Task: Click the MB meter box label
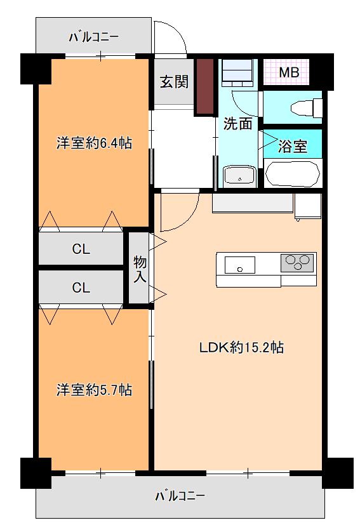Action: (x=290, y=72)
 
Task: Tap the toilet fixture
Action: (x=307, y=108)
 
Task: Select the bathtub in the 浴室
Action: (x=292, y=174)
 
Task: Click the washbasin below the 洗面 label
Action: (x=239, y=175)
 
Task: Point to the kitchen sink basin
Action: (x=240, y=265)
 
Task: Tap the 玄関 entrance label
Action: (x=174, y=82)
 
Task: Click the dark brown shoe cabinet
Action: (x=205, y=86)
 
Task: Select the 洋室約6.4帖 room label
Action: (x=94, y=143)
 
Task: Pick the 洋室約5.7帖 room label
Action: (x=94, y=390)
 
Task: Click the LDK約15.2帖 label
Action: (x=241, y=347)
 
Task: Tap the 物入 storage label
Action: (x=140, y=269)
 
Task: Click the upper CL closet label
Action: (x=81, y=249)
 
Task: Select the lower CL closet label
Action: (x=81, y=288)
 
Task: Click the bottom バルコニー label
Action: (x=180, y=496)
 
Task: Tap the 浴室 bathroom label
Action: (x=292, y=146)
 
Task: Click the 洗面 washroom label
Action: (x=237, y=124)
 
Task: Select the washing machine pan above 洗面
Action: (x=237, y=72)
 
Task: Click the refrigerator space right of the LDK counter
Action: (x=308, y=206)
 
